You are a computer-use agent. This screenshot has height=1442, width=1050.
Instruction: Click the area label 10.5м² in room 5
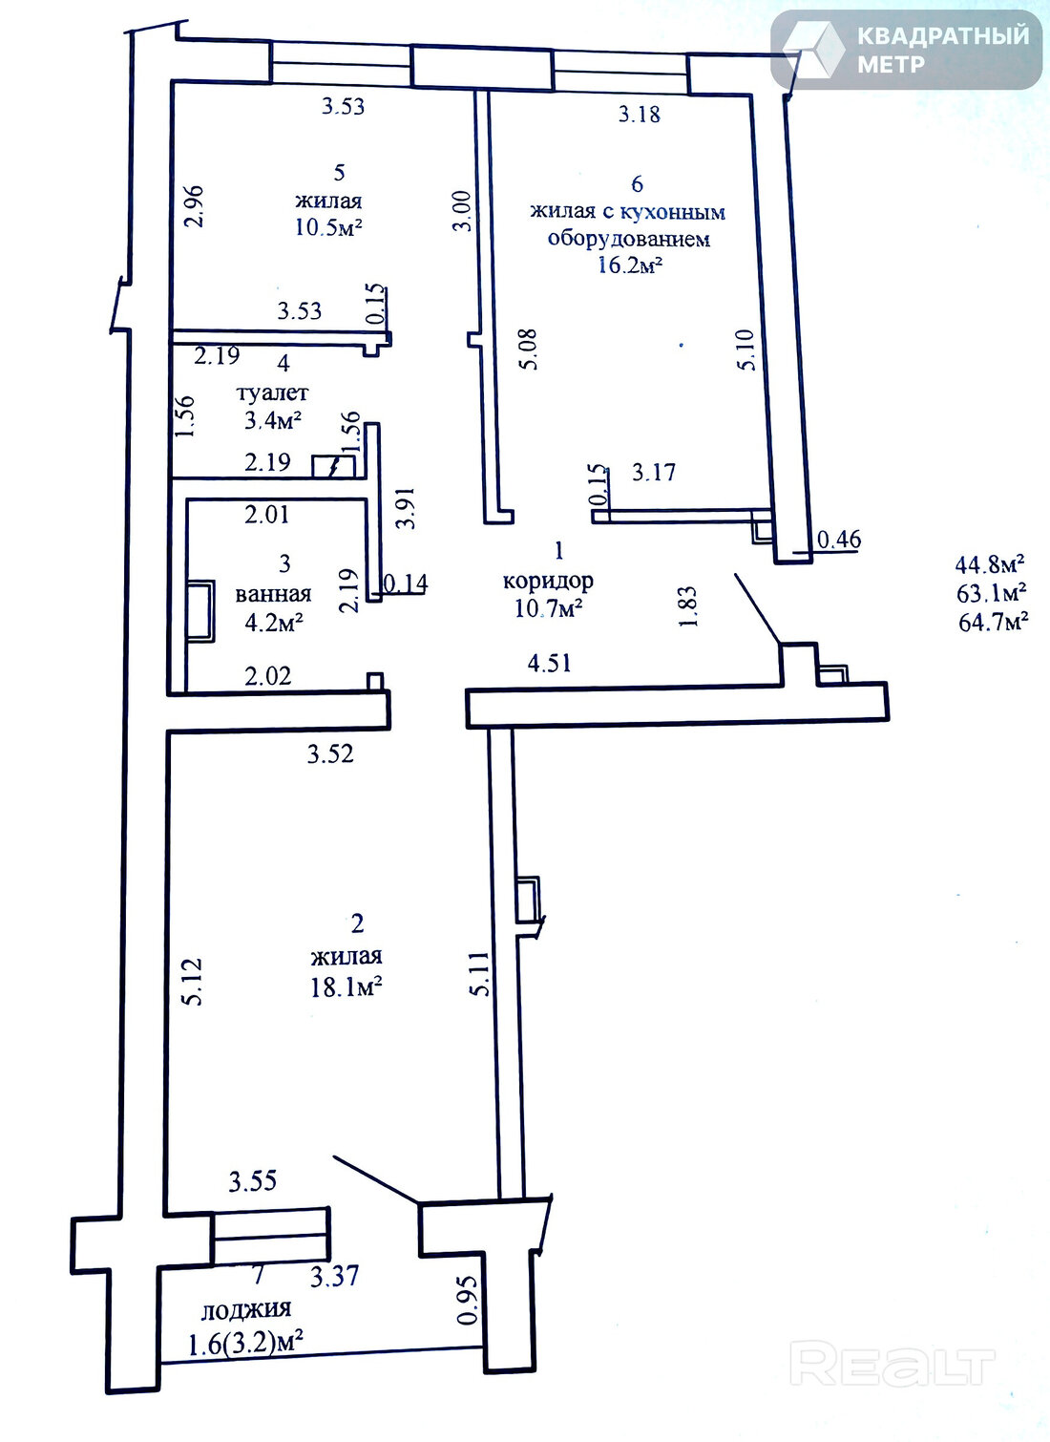coord(328,227)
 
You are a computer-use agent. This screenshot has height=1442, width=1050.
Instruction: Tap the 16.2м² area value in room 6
coord(630,265)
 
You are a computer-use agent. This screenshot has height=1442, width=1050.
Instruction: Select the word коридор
coord(548,582)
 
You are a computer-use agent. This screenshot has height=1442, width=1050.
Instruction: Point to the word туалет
coord(273,392)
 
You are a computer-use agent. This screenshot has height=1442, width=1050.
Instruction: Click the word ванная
coord(273,594)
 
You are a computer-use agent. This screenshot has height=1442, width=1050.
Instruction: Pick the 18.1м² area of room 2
coord(346,986)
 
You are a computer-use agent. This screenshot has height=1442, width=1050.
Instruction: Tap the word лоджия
coord(246,1308)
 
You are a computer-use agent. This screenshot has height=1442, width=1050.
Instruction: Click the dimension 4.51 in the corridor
coord(550,663)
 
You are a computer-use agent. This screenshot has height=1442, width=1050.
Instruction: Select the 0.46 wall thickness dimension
coord(839,539)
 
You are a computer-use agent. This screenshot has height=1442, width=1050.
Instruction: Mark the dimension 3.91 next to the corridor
coord(406,508)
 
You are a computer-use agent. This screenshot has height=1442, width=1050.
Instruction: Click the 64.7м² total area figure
coord(993,623)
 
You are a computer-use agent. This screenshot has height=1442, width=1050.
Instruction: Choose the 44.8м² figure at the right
coord(990,565)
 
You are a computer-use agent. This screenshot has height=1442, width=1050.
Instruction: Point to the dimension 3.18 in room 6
coord(640,114)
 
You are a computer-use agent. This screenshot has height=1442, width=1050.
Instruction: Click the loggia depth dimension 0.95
coord(468,1301)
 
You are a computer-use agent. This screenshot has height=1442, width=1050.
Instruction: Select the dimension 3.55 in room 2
coord(253,1181)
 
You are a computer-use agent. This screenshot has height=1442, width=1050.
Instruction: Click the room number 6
coord(637,184)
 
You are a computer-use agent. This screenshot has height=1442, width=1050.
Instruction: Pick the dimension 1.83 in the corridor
coord(688,606)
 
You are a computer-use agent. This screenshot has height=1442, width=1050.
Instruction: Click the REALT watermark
coord(892,1362)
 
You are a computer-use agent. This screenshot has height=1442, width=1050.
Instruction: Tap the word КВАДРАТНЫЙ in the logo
coord(943,36)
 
